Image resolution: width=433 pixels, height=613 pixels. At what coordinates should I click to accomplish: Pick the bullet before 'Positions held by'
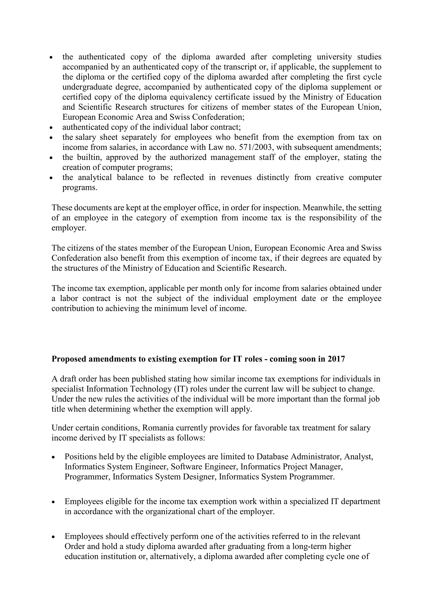(x=54, y=457)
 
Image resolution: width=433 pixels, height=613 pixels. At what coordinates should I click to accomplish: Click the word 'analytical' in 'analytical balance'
(x=95, y=177)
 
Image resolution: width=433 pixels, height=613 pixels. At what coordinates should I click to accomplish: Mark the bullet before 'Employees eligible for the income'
(x=54, y=502)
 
